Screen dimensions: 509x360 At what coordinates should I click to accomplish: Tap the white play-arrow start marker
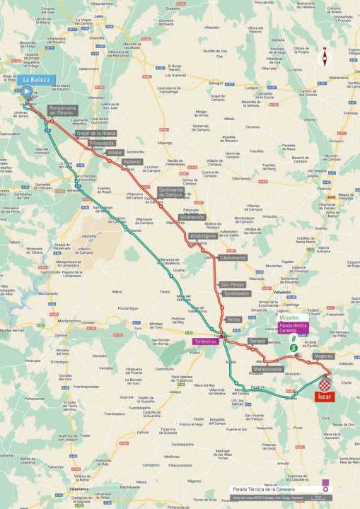(27, 91)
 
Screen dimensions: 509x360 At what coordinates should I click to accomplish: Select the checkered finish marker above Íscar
(325, 384)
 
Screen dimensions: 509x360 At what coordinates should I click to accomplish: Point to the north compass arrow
(325, 57)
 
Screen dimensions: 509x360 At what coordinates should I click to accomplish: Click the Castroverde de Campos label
(171, 192)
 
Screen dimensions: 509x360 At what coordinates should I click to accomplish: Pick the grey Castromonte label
(233, 258)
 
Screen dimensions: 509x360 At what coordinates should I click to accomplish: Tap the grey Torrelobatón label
(236, 293)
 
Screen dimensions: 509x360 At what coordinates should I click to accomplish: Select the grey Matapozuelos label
(268, 368)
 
